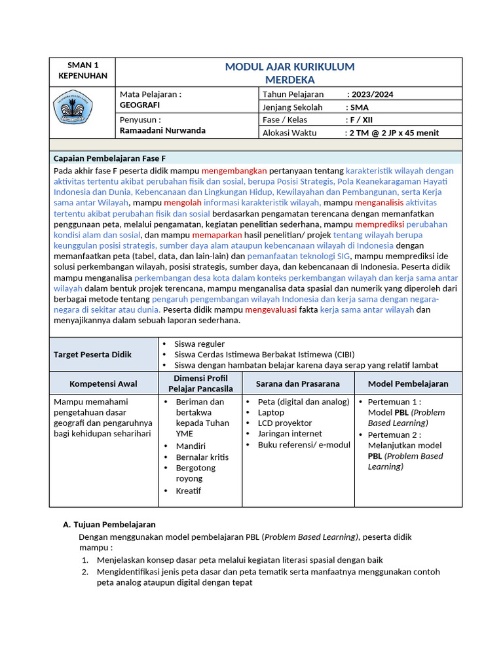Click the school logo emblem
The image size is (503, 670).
(73, 107)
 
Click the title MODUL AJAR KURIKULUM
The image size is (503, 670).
(289, 67)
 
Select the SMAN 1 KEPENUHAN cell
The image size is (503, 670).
(83, 71)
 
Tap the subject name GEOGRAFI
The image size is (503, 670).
(140, 105)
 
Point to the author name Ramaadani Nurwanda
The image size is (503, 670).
(162, 130)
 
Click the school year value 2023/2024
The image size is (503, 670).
(372, 94)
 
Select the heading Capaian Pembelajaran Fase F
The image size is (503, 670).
(109, 158)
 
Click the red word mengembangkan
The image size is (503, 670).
(234, 171)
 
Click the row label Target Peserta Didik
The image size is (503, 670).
(92, 355)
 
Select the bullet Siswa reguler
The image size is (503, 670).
(199, 344)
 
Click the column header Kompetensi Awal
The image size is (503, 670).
(103, 384)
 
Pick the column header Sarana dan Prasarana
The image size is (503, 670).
(297, 384)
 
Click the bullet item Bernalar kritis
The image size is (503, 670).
(202, 457)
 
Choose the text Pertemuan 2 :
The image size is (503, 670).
(394, 434)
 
